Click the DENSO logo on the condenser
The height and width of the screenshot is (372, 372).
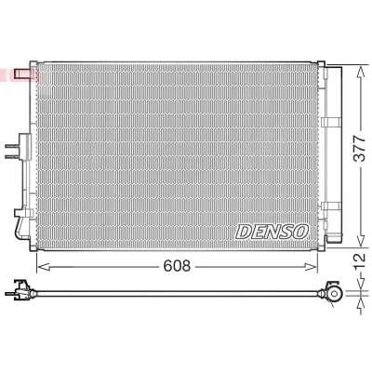click(x=272, y=232)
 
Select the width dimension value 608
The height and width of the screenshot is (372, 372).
click(x=177, y=266)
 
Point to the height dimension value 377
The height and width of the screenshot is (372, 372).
click(x=360, y=149)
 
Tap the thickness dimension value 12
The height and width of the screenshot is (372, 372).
click(x=360, y=262)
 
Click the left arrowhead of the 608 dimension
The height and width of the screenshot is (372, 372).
click(x=43, y=267)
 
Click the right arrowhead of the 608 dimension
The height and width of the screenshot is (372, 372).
click(x=312, y=267)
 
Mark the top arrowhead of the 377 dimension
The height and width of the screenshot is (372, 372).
click(x=361, y=72)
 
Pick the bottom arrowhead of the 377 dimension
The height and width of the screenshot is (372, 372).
click(x=361, y=241)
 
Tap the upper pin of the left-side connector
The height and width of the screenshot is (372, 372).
click(x=12, y=147)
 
